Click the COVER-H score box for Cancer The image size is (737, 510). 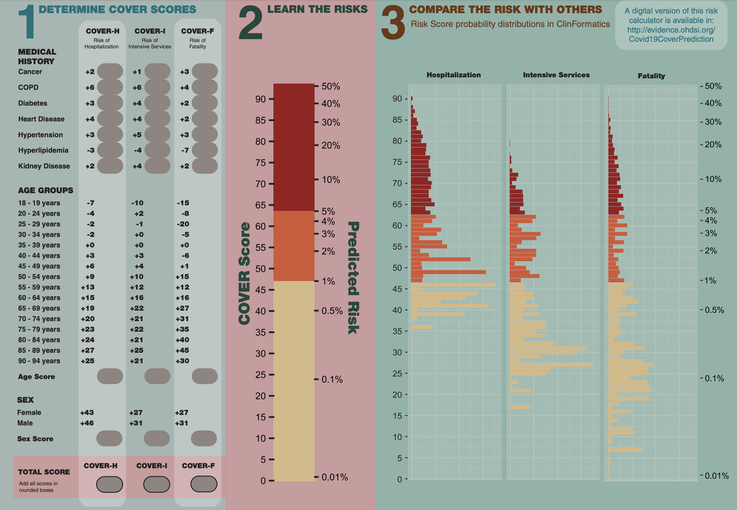(x=110, y=71)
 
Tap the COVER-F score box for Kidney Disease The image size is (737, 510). (x=205, y=166)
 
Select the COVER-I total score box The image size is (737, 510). (x=157, y=484)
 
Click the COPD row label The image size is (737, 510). (x=28, y=87)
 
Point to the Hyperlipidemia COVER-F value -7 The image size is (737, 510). (x=185, y=150)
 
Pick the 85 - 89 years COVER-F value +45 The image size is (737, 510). (x=182, y=350)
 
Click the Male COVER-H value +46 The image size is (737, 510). (x=87, y=423)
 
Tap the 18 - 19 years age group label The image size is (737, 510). (x=39, y=203)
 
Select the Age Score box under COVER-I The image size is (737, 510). (x=157, y=376)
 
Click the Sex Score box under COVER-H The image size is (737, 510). (x=109, y=438)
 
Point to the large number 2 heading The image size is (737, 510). (x=251, y=23)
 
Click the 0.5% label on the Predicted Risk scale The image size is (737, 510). (x=332, y=311)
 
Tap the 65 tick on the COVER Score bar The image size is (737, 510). (x=261, y=205)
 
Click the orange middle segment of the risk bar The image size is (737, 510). (x=294, y=246)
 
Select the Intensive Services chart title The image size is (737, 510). (x=556, y=75)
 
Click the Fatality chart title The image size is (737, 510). (x=651, y=76)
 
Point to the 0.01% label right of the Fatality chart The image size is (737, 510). (x=716, y=476)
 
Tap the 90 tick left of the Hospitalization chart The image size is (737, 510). (x=397, y=99)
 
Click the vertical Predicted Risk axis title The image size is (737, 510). (x=353, y=278)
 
